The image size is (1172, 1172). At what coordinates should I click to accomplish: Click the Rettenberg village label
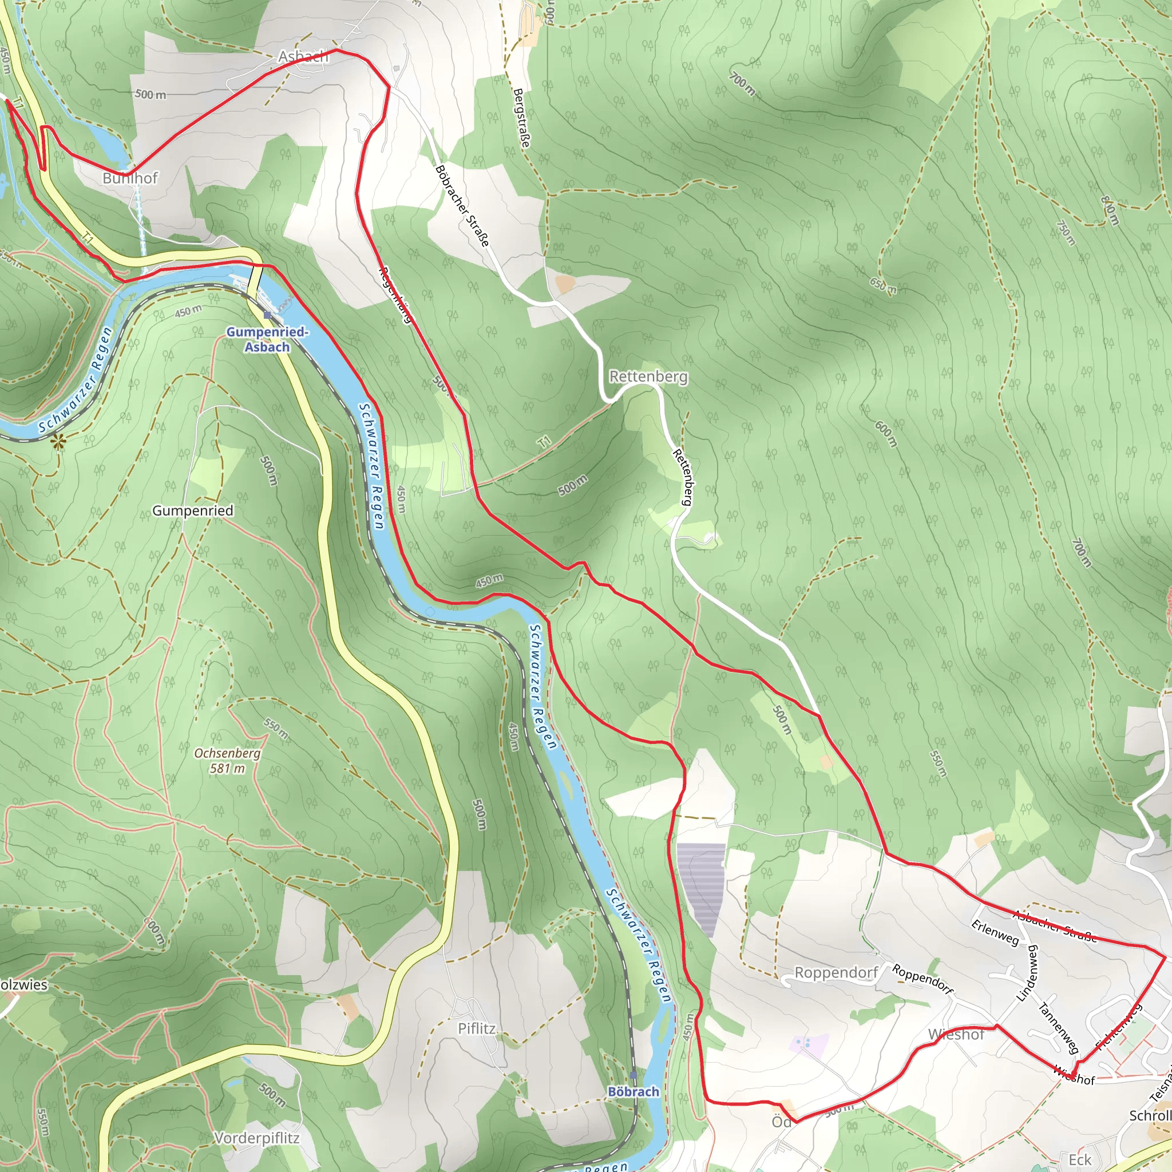click(x=648, y=377)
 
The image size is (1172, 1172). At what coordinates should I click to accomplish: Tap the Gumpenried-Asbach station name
click(x=267, y=340)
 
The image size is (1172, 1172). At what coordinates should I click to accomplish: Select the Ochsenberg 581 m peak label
click(x=228, y=761)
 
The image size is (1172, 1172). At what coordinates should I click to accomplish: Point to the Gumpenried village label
click(x=192, y=511)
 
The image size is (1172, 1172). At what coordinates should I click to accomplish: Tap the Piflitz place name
click(x=476, y=1029)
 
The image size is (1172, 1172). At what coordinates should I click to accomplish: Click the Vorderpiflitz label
click(x=256, y=1138)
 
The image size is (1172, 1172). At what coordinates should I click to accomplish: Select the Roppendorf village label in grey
click(x=836, y=973)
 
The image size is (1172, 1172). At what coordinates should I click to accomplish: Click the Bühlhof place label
click(x=130, y=179)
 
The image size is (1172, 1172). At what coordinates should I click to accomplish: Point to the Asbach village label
click(x=303, y=57)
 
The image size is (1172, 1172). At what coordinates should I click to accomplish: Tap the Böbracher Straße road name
click(x=462, y=206)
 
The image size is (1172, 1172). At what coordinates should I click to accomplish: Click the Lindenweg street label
click(x=1028, y=973)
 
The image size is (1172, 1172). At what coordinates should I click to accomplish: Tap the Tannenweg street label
click(x=1058, y=1029)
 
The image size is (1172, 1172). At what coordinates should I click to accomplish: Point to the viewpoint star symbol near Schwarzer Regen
click(x=59, y=443)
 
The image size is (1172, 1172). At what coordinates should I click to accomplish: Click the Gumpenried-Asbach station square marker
click(x=267, y=315)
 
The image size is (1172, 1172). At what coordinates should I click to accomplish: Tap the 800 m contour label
click(x=1110, y=211)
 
